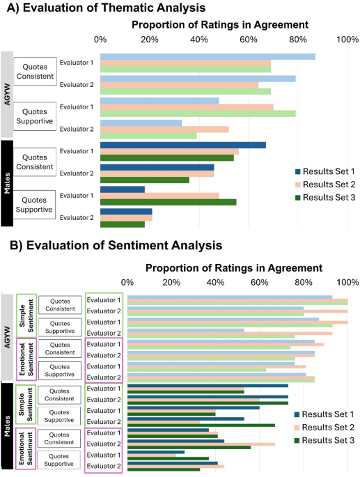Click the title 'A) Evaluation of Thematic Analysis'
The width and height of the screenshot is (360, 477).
click(104, 8)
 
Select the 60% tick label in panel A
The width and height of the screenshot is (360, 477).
click(249, 39)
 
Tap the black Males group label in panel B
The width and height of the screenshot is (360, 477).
click(7, 425)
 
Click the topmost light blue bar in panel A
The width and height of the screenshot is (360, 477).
click(208, 56)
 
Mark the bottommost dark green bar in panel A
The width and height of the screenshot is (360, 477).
click(123, 224)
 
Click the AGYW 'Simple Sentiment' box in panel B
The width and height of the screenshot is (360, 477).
click(26, 315)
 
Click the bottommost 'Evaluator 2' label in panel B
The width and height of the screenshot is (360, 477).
click(104, 466)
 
